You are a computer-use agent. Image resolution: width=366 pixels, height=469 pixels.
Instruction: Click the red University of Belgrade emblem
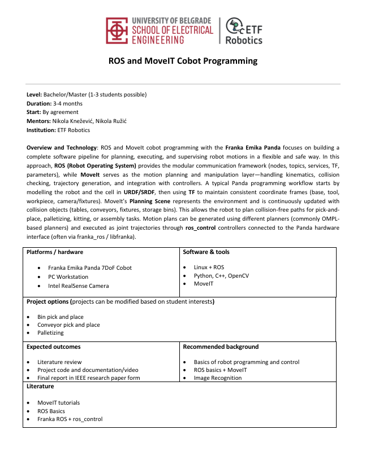point(117,30)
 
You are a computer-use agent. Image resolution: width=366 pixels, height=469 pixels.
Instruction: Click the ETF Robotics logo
point(243,31)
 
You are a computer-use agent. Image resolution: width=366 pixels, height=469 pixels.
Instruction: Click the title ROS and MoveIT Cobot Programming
point(183,61)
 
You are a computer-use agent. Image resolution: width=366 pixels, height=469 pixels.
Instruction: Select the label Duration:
point(39,103)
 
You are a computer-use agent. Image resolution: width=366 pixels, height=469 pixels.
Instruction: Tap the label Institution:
point(41,130)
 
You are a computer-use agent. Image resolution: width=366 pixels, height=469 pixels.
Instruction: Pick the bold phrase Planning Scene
point(148,200)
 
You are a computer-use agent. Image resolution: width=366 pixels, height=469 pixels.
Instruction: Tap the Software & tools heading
point(206,252)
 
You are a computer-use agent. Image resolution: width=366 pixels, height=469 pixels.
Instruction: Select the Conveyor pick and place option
point(68,325)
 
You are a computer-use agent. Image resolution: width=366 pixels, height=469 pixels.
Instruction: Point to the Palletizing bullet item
point(50,333)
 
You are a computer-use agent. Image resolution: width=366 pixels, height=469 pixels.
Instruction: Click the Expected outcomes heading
point(54,347)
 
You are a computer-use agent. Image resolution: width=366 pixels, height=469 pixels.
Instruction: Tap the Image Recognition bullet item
point(218,378)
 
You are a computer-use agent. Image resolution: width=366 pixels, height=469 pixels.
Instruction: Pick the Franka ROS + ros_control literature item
point(70,419)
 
